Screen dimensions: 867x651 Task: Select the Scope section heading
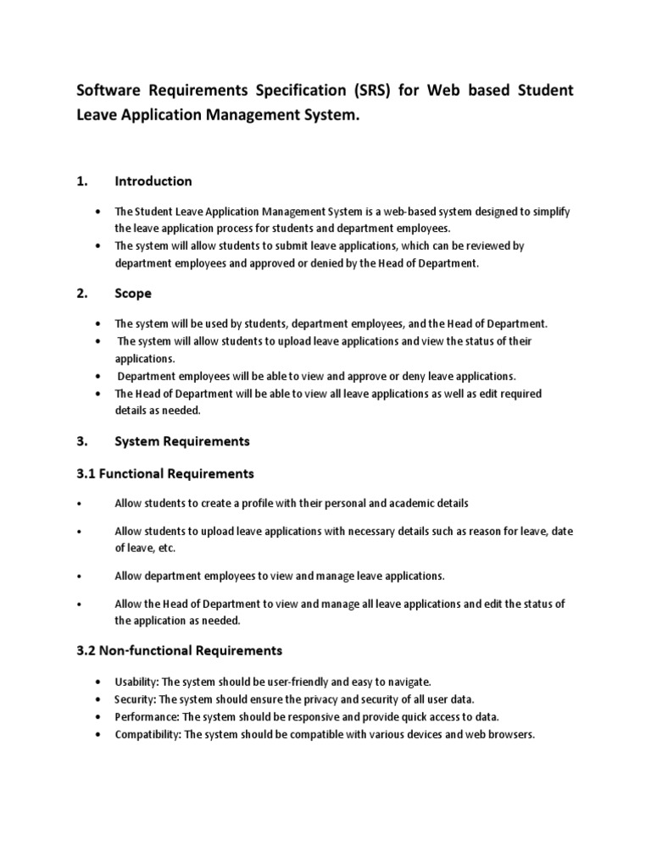[x=134, y=293]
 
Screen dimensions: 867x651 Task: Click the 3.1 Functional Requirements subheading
[x=165, y=472]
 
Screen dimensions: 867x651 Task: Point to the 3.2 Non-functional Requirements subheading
[x=180, y=650]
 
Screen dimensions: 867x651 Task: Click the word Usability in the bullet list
[x=136, y=682]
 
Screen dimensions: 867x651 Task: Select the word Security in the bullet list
[x=135, y=699]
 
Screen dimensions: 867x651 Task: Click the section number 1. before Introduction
[x=81, y=181]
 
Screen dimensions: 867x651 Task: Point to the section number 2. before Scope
[x=81, y=293]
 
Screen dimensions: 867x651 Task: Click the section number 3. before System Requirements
[x=81, y=441]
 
